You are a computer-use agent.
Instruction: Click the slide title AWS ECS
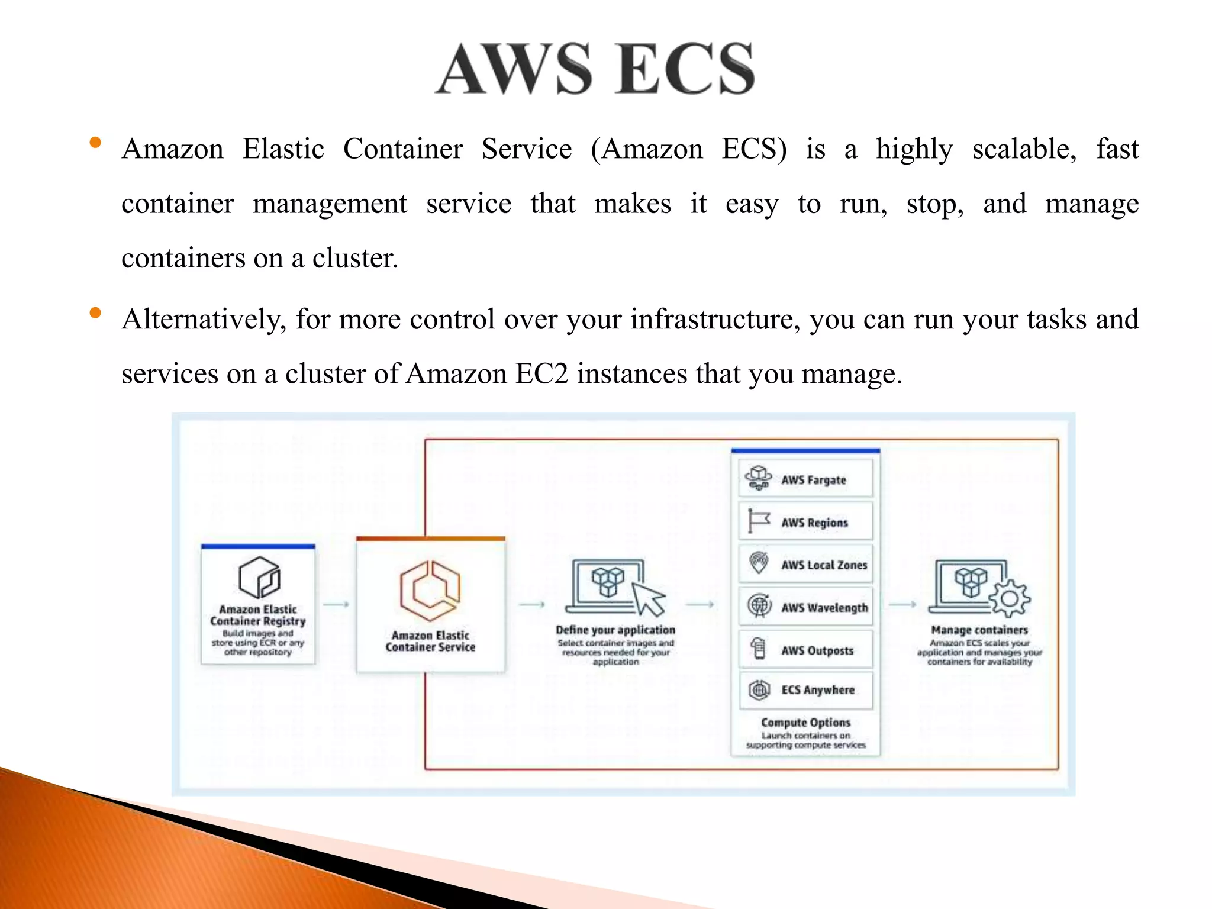pyautogui.click(x=595, y=69)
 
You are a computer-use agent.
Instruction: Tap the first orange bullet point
pyautogui.click(x=95, y=143)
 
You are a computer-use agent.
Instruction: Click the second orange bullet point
pyautogui.click(x=95, y=313)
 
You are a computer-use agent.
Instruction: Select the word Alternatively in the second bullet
pyautogui.click(x=204, y=320)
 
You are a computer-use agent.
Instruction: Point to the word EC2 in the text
pyautogui.click(x=541, y=374)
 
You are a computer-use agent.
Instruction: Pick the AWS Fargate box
pyautogui.click(x=805, y=479)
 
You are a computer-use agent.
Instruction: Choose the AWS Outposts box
pyautogui.click(x=805, y=650)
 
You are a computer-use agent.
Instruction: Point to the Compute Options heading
pyautogui.click(x=805, y=723)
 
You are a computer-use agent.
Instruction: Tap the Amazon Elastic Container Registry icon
pyautogui.click(x=259, y=577)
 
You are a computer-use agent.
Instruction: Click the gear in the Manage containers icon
pyautogui.click(x=1009, y=599)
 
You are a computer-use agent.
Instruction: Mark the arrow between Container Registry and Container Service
pyautogui.click(x=336, y=604)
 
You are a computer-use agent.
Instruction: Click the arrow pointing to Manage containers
pyautogui.click(x=902, y=604)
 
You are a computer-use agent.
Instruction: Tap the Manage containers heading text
pyautogui.click(x=979, y=630)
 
